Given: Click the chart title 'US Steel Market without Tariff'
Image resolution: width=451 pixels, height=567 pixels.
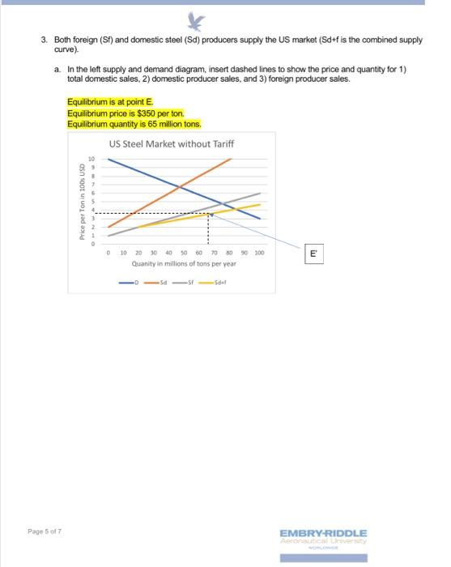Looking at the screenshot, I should point(175,143).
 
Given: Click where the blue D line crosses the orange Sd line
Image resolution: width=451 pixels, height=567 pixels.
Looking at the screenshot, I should point(179,187).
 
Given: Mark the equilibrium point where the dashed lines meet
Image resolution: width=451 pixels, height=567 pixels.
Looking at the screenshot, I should point(209,214).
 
